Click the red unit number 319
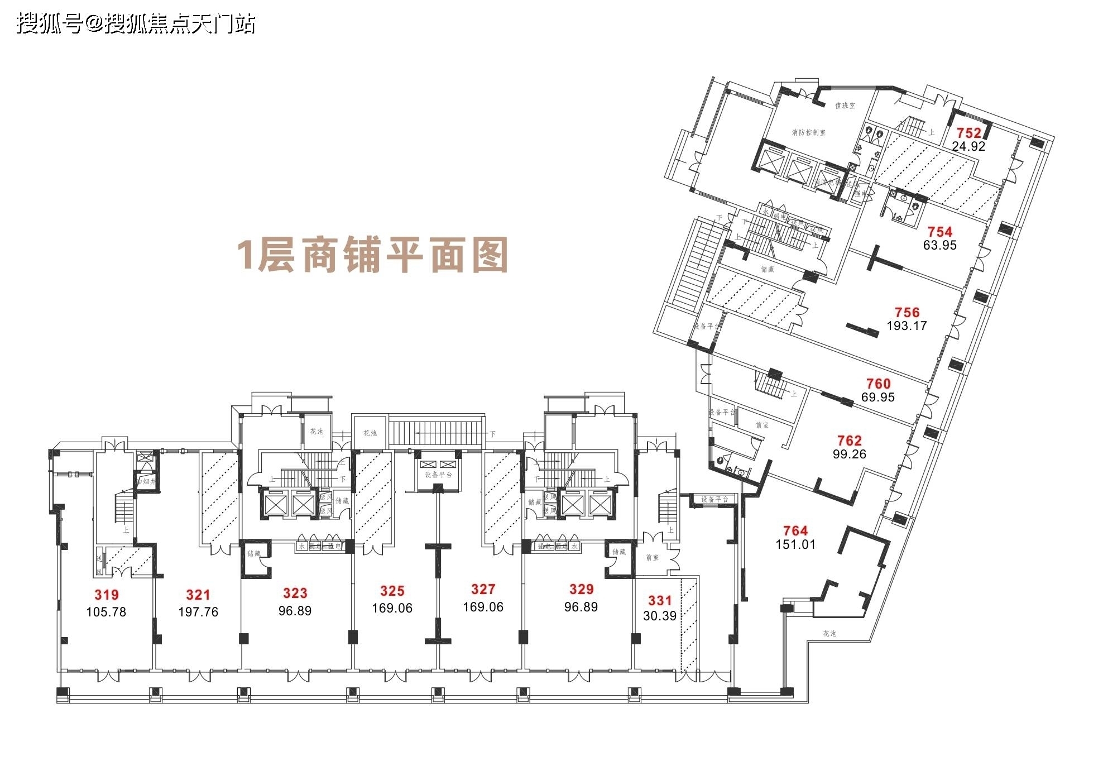coord(106,595)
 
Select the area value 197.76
coord(198,612)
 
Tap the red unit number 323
coord(295,593)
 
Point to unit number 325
coord(392,591)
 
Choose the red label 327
coord(483,589)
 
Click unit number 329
coord(581,588)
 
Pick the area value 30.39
coord(660,616)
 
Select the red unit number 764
coord(795,530)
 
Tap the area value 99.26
coord(850,454)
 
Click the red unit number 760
coord(878,384)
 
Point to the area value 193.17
coord(907,326)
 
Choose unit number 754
coord(940,231)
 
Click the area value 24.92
coord(968,146)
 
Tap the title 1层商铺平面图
coord(373,255)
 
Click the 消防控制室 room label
coord(808,133)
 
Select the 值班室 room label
coord(845,106)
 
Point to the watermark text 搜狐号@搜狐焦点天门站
coord(136,24)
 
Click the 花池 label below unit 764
coord(829,633)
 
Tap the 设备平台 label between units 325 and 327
coord(438,475)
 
